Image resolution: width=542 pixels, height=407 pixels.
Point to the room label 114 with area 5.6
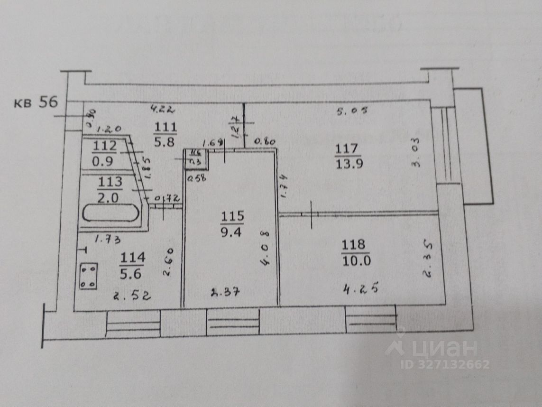point(132,266)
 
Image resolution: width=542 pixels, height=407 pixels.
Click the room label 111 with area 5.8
point(165,134)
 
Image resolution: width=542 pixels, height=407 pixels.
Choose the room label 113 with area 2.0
point(110,188)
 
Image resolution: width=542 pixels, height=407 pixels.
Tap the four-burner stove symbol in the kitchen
point(88,276)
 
